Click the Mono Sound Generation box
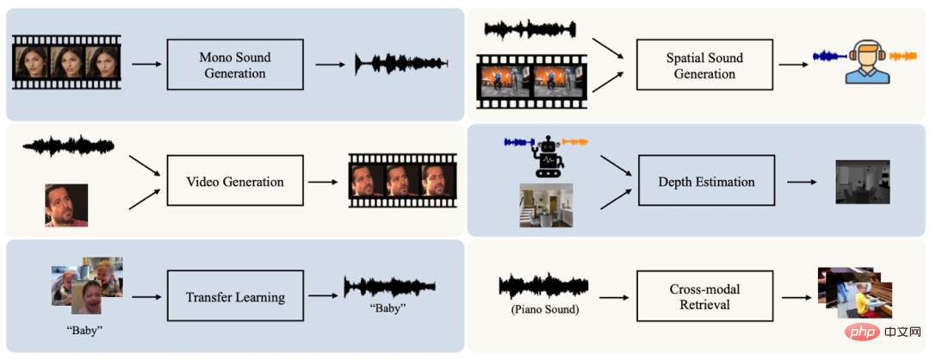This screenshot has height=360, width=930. pyautogui.click(x=235, y=65)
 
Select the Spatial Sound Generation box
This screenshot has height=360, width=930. pyautogui.click(x=704, y=65)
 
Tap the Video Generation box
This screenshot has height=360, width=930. pyautogui.click(x=235, y=181)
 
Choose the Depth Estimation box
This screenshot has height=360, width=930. pyautogui.click(x=706, y=181)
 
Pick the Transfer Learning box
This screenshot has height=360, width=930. pyautogui.click(x=235, y=296)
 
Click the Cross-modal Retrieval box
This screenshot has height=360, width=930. pyautogui.click(x=704, y=296)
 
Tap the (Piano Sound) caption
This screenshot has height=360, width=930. pyautogui.click(x=543, y=309)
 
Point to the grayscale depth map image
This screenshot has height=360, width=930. pyautogui.click(x=862, y=182)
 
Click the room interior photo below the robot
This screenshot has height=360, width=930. pyautogui.click(x=546, y=205)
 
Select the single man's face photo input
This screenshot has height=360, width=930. pyautogui.click(x=66, y=205)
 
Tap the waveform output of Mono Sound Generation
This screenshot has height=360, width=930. pyautogui.click(x=401, y=64)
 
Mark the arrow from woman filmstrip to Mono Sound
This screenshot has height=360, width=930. pyautogui.click(x=146, y=63)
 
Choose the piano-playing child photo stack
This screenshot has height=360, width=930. pyautogui.click(x=855, y=292)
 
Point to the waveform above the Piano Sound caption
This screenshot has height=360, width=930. pyautogui.click(x=544, y=287)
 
